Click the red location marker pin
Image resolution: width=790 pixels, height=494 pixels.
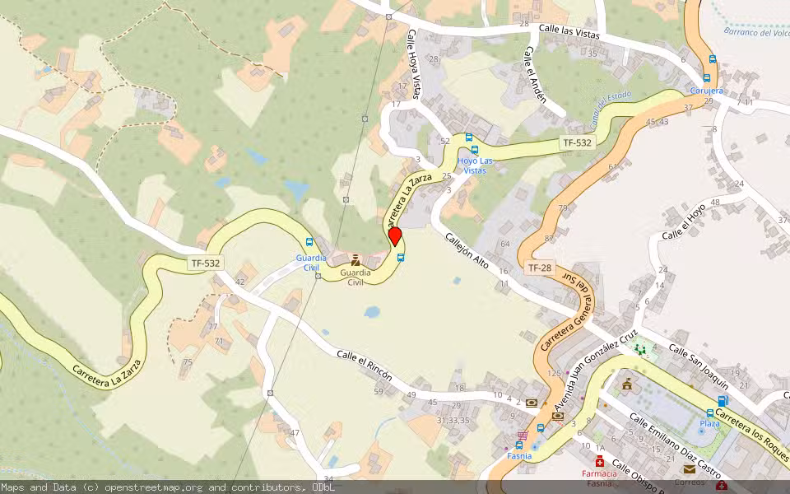(395, 236)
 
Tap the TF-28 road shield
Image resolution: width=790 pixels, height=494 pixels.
(540, 268)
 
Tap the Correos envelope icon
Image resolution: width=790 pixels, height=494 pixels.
(689, 469)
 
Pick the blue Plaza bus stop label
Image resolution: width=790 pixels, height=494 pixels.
(709, 423)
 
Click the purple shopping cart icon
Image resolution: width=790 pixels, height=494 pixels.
(521, 435)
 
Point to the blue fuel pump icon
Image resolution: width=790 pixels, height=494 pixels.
(723, 401)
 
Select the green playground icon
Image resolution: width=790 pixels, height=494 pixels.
(640, 350)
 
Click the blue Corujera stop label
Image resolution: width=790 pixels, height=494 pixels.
(707, 91)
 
